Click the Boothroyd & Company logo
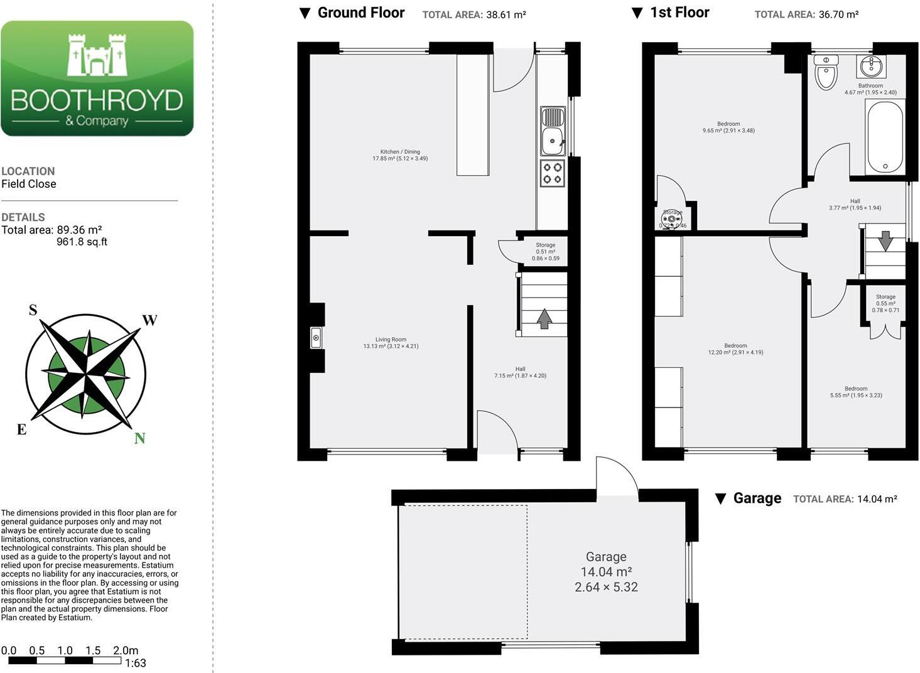(x=97, y=78)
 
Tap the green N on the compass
(x=139, y=438)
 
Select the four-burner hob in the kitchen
(x=553, y=173)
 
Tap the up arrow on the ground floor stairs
(x=544, y=318)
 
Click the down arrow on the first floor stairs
(x=885, y=241)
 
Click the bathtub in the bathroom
(x=885, y=137)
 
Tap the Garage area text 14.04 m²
(x=606, y=572)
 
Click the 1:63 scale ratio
(x=136, y=663)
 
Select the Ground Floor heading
(x=360, y=13)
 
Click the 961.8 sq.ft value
(x=82, y=242)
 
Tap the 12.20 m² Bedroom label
(x=735, y=349)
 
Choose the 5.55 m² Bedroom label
(x=856, y=392)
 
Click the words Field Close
(x=29, y=184)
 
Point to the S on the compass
(x=33, y=310)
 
